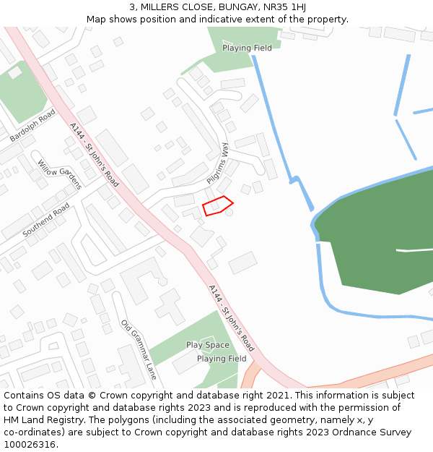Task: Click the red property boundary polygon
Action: [217, 206]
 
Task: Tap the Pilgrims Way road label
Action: [217, 163]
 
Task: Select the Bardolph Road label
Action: [32, 124]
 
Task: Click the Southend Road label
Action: [45, 220]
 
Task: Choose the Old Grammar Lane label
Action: [139, 350]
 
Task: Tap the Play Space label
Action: [208, 345]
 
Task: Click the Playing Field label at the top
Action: [247, 48]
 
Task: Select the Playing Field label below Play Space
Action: [222, 358]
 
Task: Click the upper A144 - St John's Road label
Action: [95, 154]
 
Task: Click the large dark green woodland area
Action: [375, 224]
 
